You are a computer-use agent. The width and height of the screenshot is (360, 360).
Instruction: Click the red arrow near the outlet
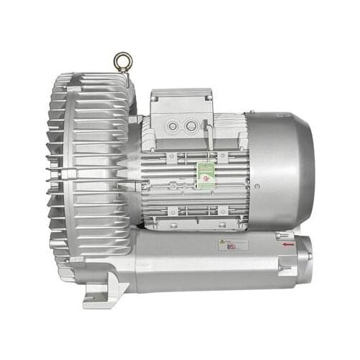pyautogui.click(x=288, y=246)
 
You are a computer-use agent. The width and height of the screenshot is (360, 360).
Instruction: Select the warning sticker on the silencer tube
pyautogui.click(x=233, y=244)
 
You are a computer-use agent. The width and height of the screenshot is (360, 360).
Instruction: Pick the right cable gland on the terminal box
pyautogui.click(x=191, y=127)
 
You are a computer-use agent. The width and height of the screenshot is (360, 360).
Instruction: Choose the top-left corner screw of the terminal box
pyautogui.click(x=154, y=93)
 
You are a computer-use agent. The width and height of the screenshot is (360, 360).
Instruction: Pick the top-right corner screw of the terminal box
pyautogui.click(x=210, y=93)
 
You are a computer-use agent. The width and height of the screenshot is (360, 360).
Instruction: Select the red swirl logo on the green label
pyautogui.click(x=206, y=172)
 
